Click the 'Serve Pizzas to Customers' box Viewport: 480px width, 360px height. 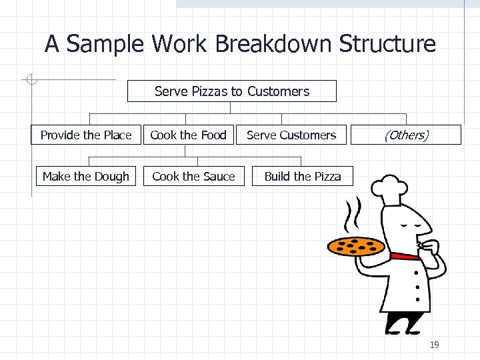(232, 91)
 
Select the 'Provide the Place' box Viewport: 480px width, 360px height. (87, 135)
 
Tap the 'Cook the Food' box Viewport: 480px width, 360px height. (189, 135)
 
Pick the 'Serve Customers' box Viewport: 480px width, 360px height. (291, 135)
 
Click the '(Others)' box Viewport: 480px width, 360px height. (406, 135)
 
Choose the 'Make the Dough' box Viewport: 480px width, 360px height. (86, 176)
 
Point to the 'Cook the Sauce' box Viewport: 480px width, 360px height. (194, 176)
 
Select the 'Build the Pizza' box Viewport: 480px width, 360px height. (303, 176)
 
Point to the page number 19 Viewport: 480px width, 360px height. (434, 345)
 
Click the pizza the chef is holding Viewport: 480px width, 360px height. (356, 246)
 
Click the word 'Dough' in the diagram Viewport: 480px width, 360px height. (112, 176)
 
